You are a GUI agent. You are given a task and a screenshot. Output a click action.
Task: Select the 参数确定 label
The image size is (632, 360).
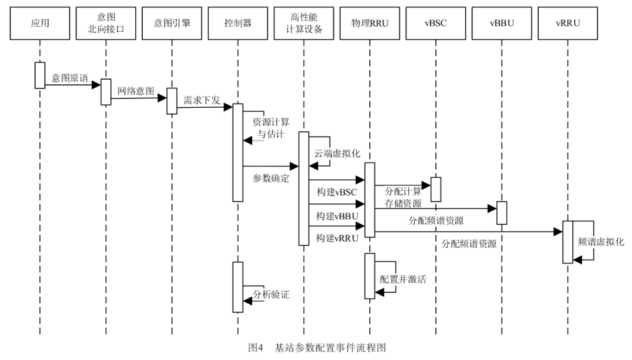point(271,178)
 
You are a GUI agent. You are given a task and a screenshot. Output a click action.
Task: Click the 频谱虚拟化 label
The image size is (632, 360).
point(600,241)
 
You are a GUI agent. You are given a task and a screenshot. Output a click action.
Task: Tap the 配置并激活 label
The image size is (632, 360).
point(403,279)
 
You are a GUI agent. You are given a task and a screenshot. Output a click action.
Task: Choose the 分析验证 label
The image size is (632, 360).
point(271,294)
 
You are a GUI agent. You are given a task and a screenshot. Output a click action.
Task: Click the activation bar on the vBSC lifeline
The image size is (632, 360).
point(436,189)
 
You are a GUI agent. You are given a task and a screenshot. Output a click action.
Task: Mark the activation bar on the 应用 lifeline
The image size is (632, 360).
point(40,75)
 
